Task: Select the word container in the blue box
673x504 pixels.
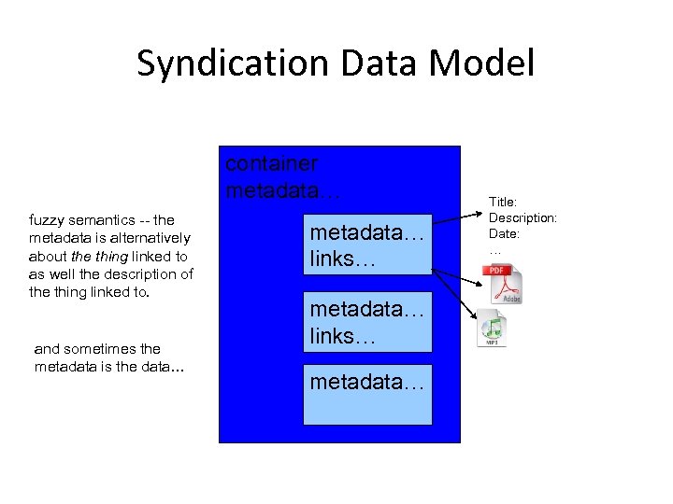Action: pos(271,163)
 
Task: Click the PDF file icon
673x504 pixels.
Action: pos(503,284)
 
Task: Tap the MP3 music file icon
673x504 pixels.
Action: pos(492,329)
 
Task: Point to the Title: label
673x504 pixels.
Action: pos(503,201)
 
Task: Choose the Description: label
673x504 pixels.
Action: pos(523,217)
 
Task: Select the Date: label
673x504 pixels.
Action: pos(504,233)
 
